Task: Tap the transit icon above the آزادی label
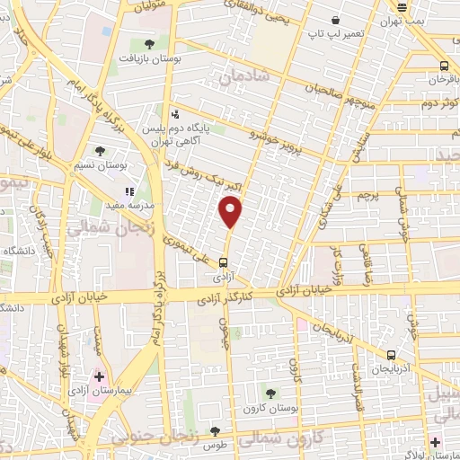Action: [223, 263]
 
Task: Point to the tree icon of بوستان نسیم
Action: [100, 152]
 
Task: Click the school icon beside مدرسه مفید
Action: [130, 191]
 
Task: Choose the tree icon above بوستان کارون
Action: [270, 393]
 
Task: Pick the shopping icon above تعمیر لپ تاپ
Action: [336, 20]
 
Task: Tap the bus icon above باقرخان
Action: [444, 65]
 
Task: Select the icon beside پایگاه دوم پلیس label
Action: [175, 115]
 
